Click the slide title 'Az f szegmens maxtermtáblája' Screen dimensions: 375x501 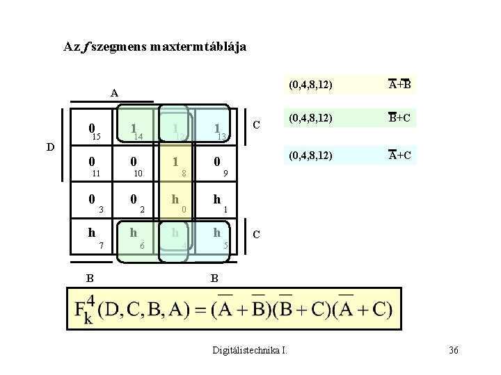point(154,47)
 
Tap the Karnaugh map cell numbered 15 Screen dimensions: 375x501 point(93,131)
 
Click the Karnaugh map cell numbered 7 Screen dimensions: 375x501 point(93,237)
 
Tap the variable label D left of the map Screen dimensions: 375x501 point(48,147)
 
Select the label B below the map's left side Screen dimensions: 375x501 point(90,278)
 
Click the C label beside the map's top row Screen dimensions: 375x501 point(257,125)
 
